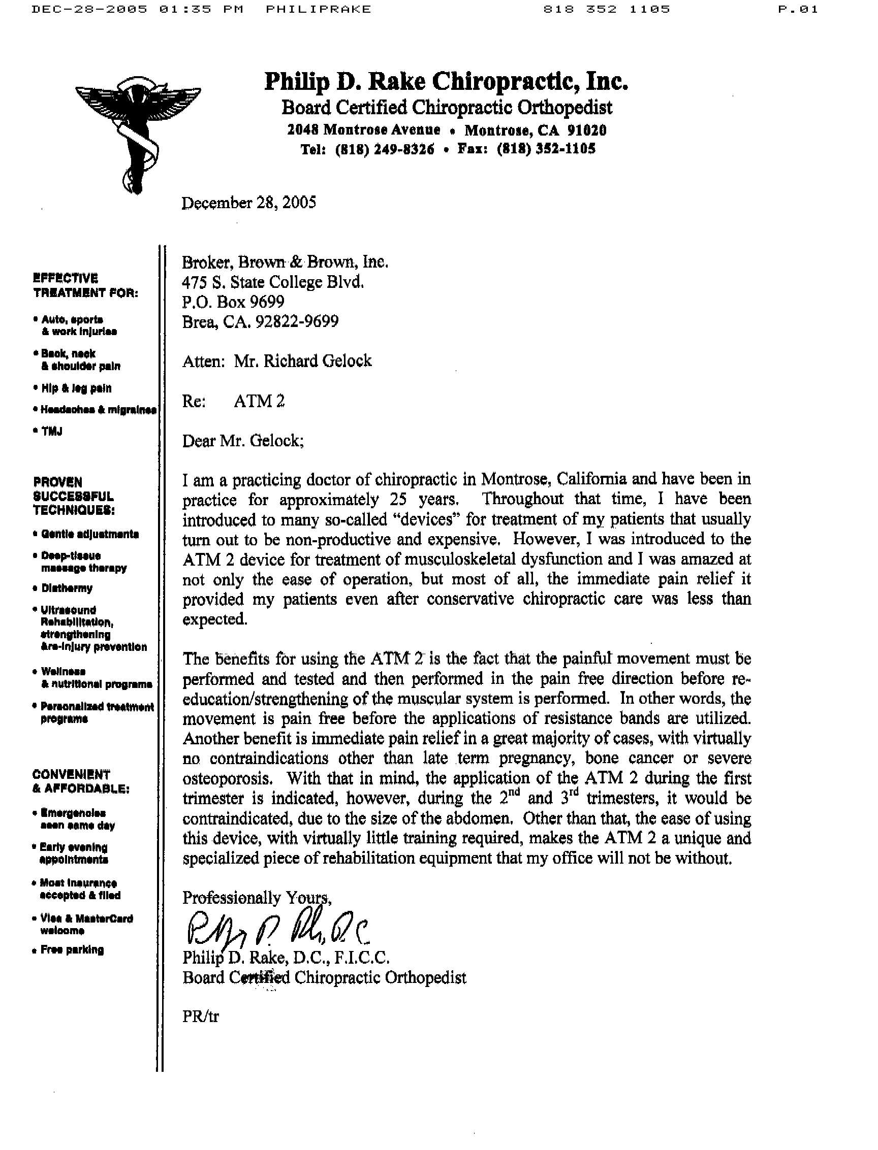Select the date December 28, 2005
click(x=249, y=203)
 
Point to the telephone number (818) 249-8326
click(x=384, y=149)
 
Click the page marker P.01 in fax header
click(x=798, y=10)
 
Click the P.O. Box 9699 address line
click(x=234, y=302)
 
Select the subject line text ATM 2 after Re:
click(x=259, y=401)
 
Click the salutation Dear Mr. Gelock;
click(x=243, y=441)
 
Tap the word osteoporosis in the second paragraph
click(x=227, y=779)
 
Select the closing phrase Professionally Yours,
click(x=257, y=898)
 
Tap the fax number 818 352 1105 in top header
click(x=606, y=10)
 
